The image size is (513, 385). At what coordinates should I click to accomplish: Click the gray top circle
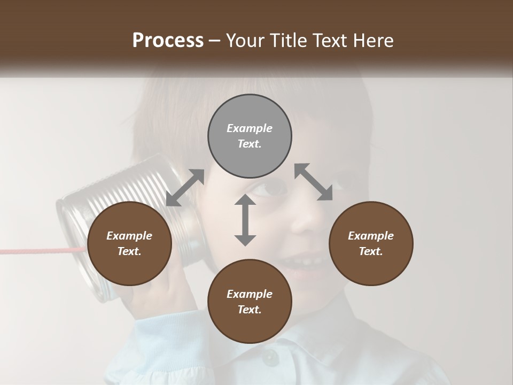pos(250,136)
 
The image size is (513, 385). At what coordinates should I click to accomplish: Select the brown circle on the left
pos(129,243)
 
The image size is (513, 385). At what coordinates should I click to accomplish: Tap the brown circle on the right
pos(371,243)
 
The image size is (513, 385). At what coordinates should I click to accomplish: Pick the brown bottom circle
pos(250,302)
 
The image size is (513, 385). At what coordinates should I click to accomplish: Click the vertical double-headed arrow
pos(245,220)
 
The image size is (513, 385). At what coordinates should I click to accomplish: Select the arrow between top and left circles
pos(185,188)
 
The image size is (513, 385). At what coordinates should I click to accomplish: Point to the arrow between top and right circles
pos(314,182)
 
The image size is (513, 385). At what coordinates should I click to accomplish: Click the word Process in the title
pos(168,41)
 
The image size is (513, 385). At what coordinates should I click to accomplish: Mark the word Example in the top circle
pos(250,128)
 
